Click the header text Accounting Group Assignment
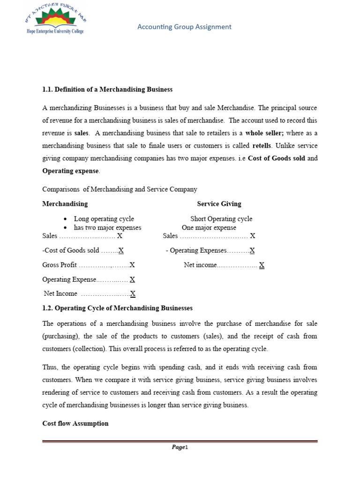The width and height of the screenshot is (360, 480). [x=184, y=27]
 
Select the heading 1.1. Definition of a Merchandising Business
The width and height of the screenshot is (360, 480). [x=107, y=89]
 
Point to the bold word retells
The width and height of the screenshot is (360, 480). [x=262, y=145]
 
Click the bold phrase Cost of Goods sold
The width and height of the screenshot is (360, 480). [x=276, y=158]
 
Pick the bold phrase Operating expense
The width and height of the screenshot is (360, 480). [x=71, y=171]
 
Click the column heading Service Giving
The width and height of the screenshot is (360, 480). [x=219, y=204]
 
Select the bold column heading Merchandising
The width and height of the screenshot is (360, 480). [x=65, y=204]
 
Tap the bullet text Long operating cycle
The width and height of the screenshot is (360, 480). [x=104, y=219]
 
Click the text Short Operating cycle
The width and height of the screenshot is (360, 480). [x=221, y=219]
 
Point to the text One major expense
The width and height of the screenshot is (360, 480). [x=209, y=228]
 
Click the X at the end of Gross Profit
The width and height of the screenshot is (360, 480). [x=132, y=265]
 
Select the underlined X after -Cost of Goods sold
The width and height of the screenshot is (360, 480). [x=121, y=251]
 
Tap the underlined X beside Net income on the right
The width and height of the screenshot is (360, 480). [x=262, y=265]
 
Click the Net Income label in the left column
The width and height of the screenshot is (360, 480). [x=60, y=294]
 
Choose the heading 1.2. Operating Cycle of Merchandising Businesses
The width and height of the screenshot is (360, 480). [x=117, y=308]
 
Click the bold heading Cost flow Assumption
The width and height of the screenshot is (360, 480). [x=75, y=423]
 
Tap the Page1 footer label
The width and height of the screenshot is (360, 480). [x=180, y=447]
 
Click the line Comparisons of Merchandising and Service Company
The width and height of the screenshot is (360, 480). [x=120, y=189]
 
